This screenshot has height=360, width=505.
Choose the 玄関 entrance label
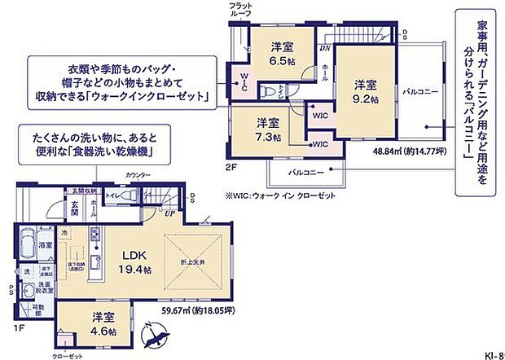pyautogui.click(x=74, y=207)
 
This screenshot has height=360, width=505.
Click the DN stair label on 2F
pyautogui.click(x=323, y=47)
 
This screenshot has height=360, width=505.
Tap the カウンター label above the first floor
pyautogui.click(x=139, y=175)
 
